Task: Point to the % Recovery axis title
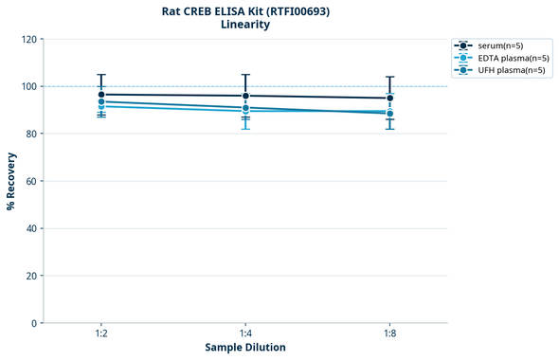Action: click(x=10, y=181)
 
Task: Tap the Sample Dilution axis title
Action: click(x=245, y=348)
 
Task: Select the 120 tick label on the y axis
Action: click(x=29, y=40)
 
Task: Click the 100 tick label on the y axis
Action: click(x=29, y=87)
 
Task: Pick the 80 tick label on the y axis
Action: click(x=32, y=135)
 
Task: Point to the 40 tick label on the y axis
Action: click(x=32, y=228)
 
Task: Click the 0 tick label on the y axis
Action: click(x=35, y=323)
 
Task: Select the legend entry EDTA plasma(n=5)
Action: click(x=512, y=58)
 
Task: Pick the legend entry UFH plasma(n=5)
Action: click(x=511, y=70)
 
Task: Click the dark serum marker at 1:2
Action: click(x=101, y=95)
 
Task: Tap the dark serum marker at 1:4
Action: click(x=245, y=96)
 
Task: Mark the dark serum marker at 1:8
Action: click(x=389, y=98)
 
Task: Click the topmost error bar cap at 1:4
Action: click(x=245, y=75)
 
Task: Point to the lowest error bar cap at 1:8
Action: click(x=389, y=129)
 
